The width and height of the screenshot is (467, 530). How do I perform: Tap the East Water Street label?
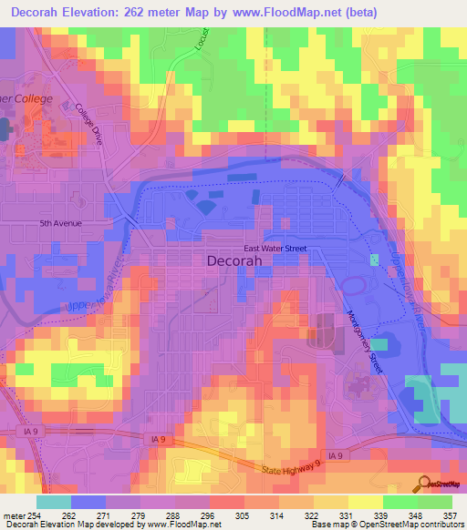click(x=275, y=248)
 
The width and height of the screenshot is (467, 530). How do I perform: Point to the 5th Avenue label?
click(x=61, y=223)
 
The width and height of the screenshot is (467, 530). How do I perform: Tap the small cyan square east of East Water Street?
click(x=373, y=260)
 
